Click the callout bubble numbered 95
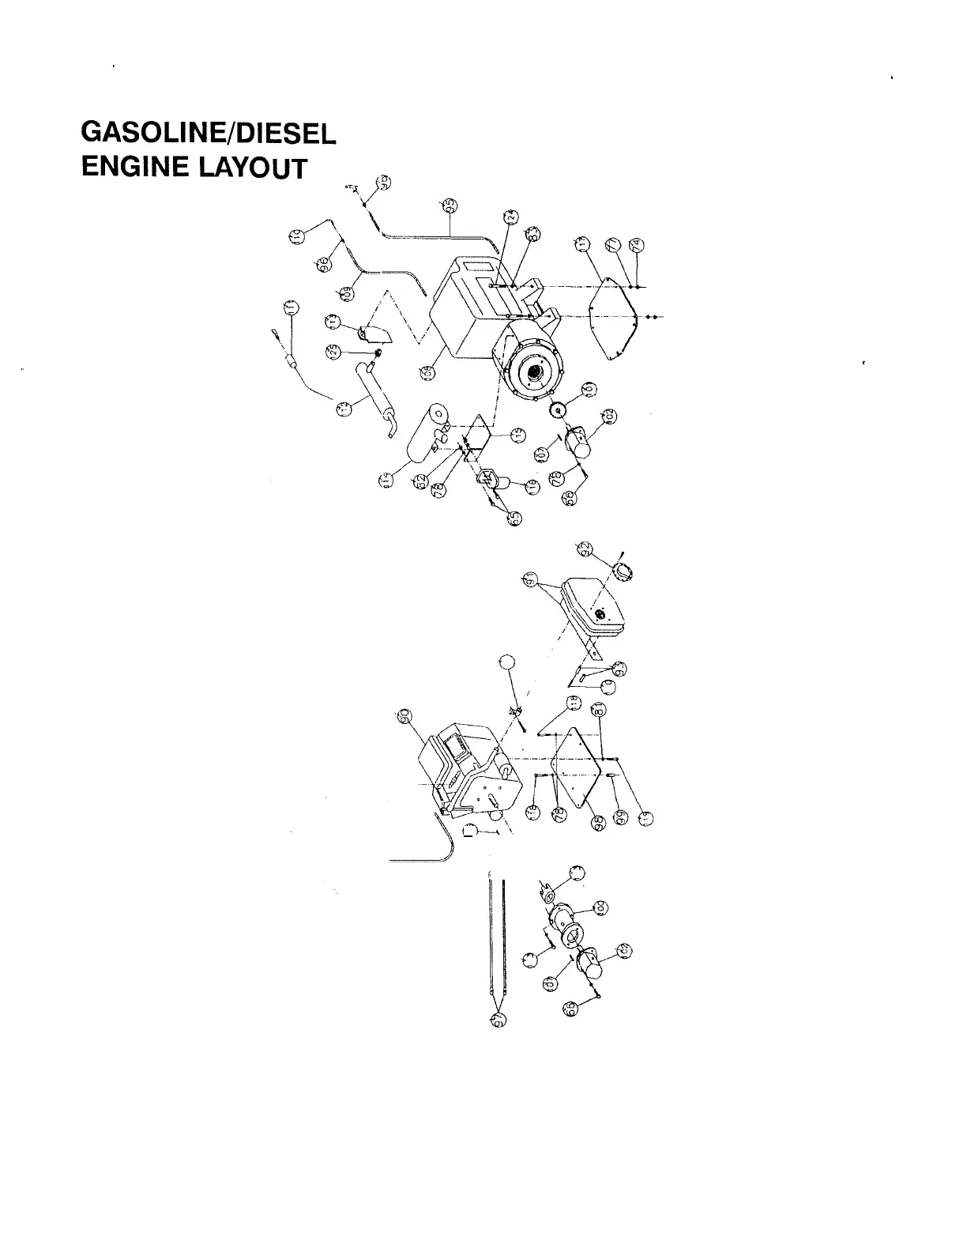(450, 206)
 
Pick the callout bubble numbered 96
(322, 263)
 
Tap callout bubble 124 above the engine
(510, 218)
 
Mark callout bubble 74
(638, 245)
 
